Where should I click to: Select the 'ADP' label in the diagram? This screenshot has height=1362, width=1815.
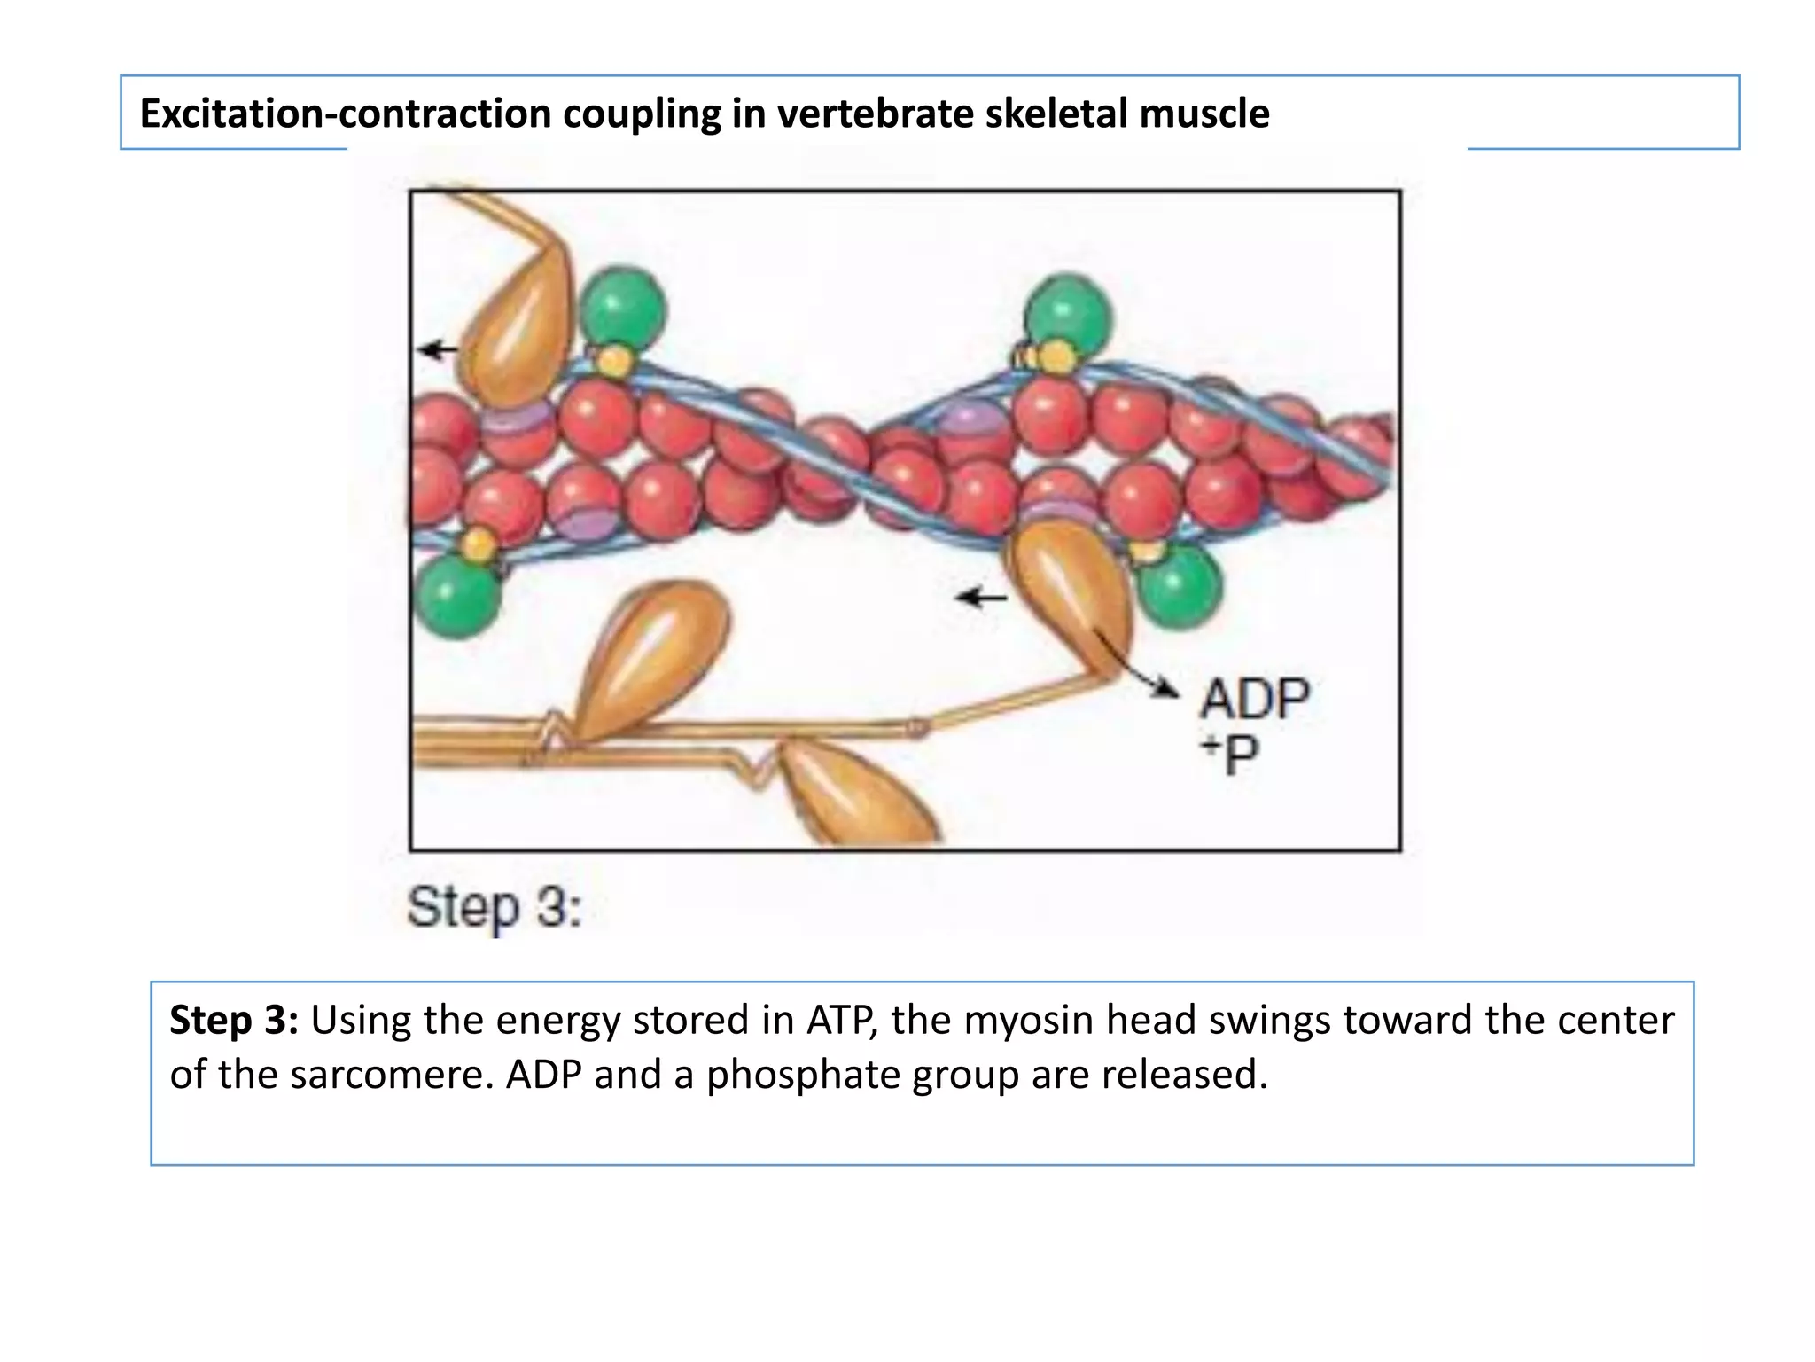coord(1253,700)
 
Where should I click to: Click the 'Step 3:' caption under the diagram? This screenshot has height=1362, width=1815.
coord(494,908)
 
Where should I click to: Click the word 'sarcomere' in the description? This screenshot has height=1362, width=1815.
coord(386,1075)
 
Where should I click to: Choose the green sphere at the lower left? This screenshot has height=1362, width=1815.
coord(456,596)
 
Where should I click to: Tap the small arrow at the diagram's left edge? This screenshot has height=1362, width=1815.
coord(437,350)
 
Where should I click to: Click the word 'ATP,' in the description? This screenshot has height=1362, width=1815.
coord(842,1021)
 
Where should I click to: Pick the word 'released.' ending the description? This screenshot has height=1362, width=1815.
coord(1185,1075)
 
